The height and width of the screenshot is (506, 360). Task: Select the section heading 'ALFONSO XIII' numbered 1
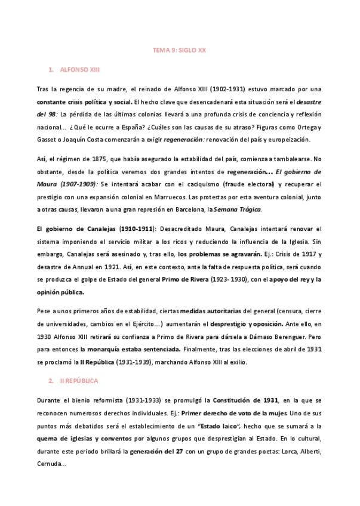tap(80, 70)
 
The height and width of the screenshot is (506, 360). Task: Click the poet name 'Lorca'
tap(282, 452)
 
